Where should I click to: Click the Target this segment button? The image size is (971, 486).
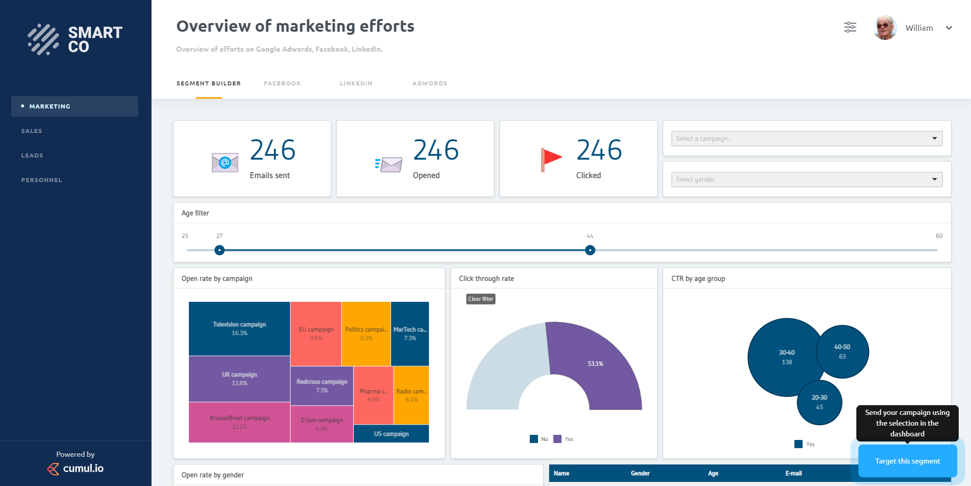[907, 461]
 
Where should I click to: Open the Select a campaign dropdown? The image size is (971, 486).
[806, 139]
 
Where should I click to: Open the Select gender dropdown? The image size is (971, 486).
[806, 180]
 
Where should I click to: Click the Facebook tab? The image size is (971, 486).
[282, 83]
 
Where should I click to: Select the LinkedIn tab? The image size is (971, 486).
[356, 83]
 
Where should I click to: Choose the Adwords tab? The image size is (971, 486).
[429, 83]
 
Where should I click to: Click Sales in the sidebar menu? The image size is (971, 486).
[32, 131]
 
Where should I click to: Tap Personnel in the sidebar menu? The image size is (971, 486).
[41, 180]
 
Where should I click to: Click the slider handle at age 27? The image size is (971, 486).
[220, 250]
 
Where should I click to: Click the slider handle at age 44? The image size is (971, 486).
[590, 250]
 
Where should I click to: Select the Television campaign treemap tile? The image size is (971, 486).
[239, 328]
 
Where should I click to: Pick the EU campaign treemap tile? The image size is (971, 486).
[316, 334]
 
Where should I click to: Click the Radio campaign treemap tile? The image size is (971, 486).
[411, 395]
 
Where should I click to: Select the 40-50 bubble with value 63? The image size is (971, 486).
[842, 351]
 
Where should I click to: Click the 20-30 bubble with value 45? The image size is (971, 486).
[819, 402]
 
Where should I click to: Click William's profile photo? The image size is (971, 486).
[884, 28]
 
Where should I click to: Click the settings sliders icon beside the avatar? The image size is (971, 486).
[850, 28]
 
